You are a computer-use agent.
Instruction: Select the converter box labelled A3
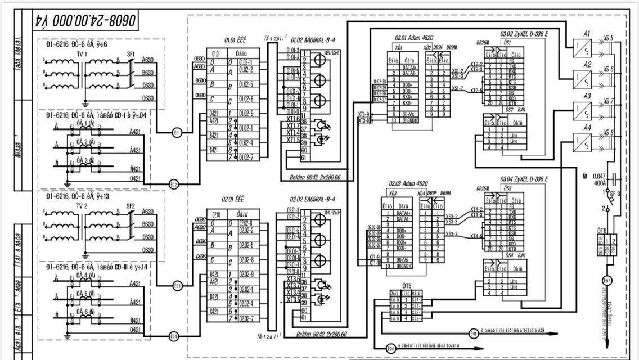pos(582,109)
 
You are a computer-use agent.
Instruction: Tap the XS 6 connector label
pos(609,69)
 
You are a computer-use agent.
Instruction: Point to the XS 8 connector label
pos(609,133)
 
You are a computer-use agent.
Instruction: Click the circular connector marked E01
pos(177,133)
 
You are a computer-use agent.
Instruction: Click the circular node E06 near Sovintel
pos(391,349)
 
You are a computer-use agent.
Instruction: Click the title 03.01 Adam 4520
pos(408,36)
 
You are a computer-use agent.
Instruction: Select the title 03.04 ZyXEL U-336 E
pos(524,179)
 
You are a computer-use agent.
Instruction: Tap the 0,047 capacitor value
pos(600,177)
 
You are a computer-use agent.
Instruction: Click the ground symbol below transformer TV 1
pos(84,103)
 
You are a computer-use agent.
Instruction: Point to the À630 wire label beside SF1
pos(147,60)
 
